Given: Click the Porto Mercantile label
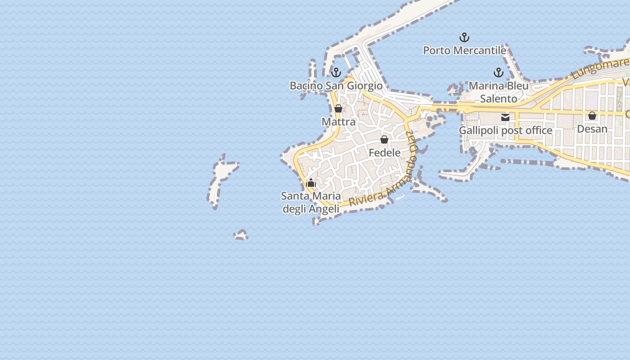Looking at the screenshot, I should coord(464,50).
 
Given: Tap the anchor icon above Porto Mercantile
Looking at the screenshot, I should coord(464,37).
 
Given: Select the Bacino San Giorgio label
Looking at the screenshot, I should coord(336,85).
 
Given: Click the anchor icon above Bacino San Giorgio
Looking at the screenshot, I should coord(336,72).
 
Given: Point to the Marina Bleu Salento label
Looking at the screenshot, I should coord(499,92).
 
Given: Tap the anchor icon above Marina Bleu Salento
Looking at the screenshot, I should coord(498,72).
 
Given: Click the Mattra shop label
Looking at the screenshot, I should coord(338,121).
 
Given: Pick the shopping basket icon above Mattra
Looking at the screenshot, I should coord(338,108).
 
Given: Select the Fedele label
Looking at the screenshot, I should coord(384,153).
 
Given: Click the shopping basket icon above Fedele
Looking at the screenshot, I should coord(384,139).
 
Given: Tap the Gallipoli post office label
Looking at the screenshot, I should coord(505,130).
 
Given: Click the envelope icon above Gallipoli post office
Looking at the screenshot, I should coord(505,117).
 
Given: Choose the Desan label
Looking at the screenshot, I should coord(592,129).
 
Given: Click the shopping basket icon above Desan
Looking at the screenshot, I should coord(592,116).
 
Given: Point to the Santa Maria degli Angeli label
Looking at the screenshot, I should coord(310,202).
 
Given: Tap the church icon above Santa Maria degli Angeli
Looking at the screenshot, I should coord(311,183).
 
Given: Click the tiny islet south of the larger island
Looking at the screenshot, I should coord(241,235).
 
